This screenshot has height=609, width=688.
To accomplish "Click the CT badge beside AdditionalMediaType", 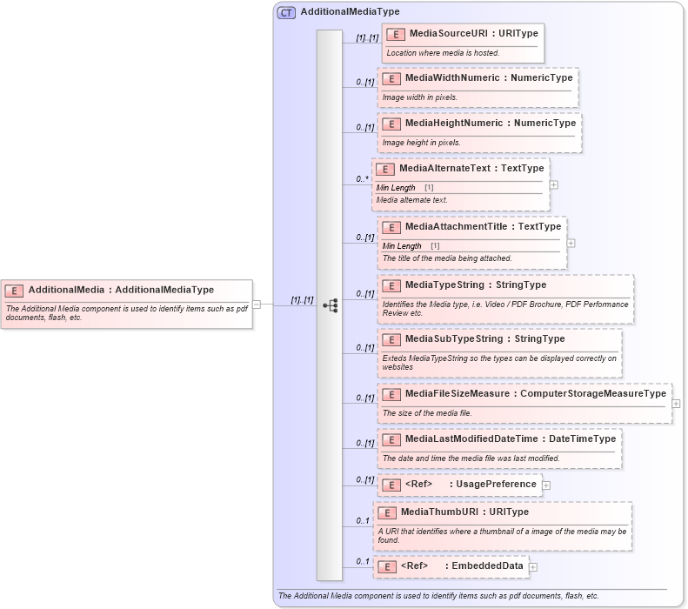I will (286, 12).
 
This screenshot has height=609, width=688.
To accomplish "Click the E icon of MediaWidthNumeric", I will (391, 78).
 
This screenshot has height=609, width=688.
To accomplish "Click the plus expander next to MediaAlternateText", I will (554, 184).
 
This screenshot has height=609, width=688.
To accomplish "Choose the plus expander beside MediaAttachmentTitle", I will (571, 243).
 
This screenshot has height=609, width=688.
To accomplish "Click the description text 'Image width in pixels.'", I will (420, 97).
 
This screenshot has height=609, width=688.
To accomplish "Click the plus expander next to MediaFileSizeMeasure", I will (676, 404).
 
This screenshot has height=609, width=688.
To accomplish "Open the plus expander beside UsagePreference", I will (546, 485).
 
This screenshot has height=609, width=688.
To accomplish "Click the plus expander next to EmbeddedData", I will (533, 566).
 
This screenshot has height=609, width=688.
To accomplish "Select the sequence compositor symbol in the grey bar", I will (330, 305).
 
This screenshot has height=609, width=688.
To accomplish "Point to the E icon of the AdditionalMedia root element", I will (14, 291).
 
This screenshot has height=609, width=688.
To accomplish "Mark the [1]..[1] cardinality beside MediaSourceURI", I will (367, 37).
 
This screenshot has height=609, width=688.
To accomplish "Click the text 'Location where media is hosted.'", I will (443, 53).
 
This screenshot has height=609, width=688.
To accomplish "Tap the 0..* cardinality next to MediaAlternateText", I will (362, 179).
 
